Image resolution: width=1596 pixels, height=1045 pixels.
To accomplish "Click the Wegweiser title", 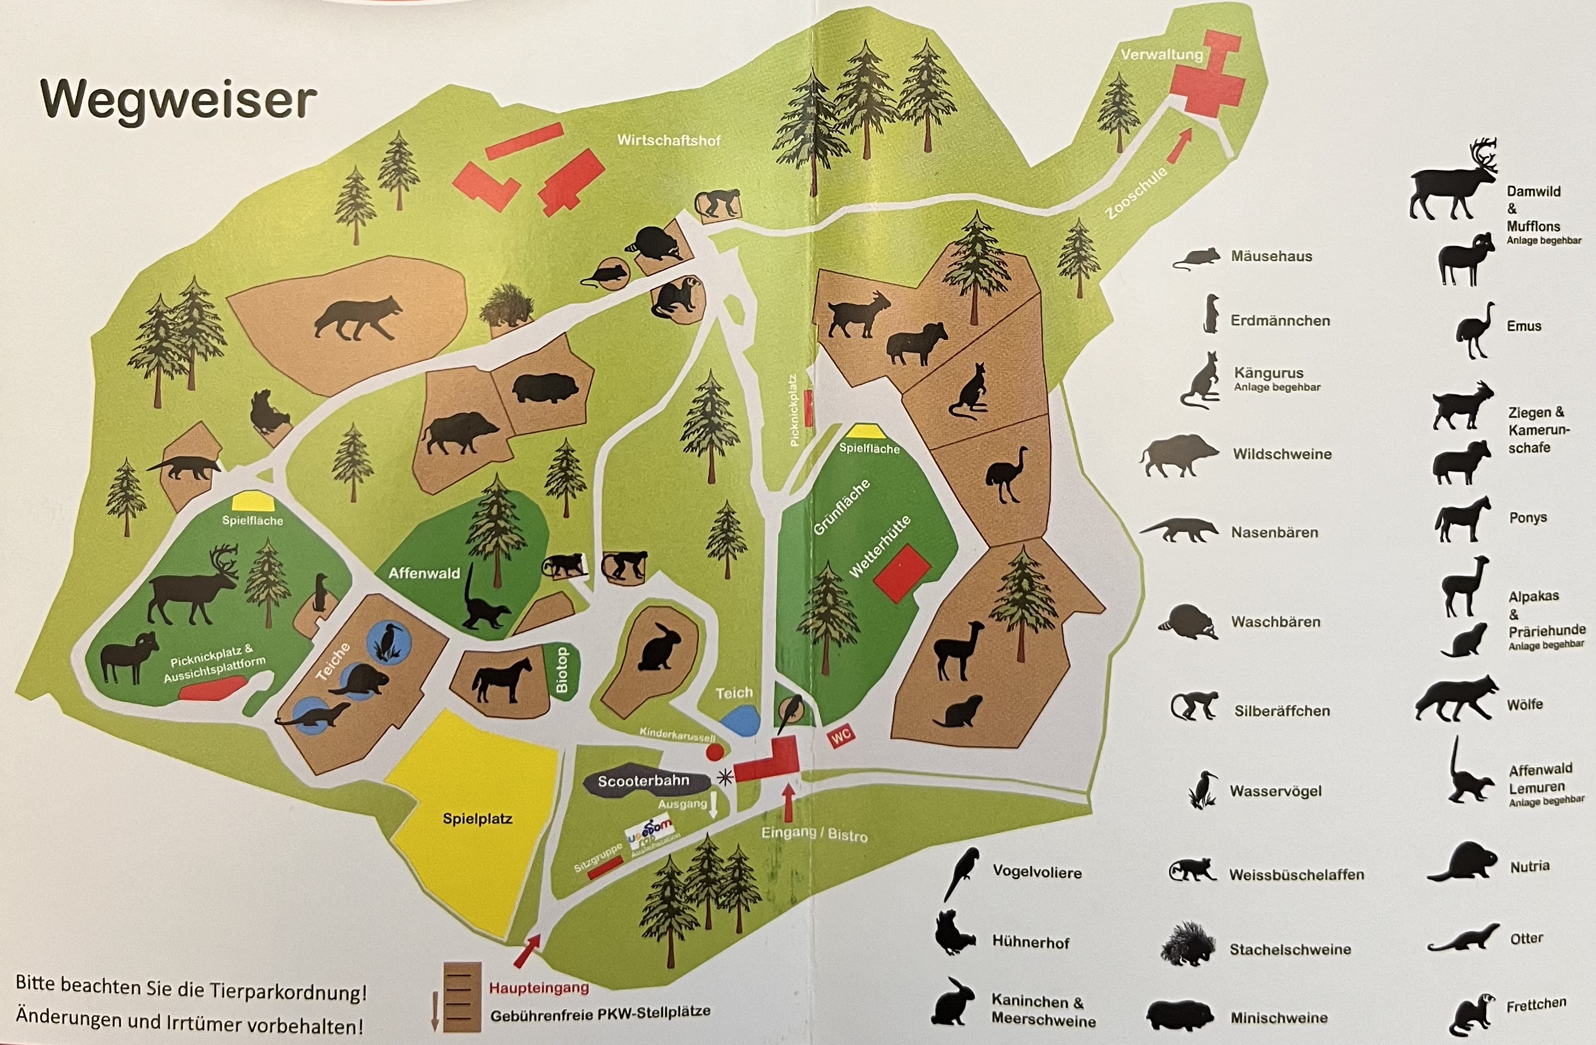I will tap(178, 101).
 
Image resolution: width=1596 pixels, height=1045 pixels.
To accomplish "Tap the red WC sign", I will tap(841, 736).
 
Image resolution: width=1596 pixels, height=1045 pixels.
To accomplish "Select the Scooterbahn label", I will tap(643, 781).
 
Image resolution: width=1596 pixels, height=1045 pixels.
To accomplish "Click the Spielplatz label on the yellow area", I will tap(478, 818).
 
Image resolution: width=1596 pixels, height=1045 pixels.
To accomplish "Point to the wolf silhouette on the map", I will tap(358, 318).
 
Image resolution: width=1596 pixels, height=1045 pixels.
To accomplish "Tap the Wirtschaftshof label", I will tap(668, 140).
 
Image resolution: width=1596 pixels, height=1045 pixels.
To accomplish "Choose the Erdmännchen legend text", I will tap(1280, 321).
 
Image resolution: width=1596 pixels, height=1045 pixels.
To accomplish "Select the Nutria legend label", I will tap(1529, 866).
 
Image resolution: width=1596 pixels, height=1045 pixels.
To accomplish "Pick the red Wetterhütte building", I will tap(901, 573).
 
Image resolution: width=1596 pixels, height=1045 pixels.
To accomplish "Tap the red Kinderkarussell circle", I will tap(715, 751).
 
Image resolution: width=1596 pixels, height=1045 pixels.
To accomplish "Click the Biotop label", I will tap(561, 670).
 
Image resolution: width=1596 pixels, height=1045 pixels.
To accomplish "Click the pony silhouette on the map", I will tap(502, 680).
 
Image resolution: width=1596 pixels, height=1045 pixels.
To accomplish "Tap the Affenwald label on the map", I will tap(424, 573).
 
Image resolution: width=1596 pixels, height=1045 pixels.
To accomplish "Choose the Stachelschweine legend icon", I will tap(1187, 944).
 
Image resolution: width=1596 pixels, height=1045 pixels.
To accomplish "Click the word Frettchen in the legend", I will tap(1535, 1005).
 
